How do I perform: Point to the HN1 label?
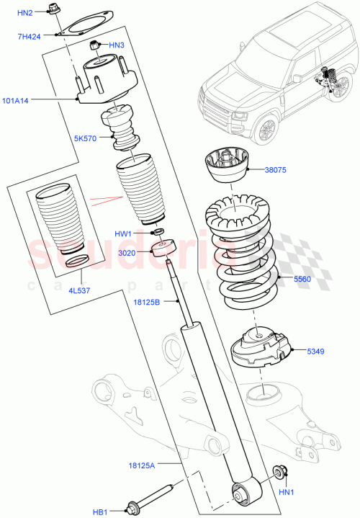(x=286, y=492)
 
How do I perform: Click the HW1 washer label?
(x=124, y=233)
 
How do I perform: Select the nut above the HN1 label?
(x=280, y=473)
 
